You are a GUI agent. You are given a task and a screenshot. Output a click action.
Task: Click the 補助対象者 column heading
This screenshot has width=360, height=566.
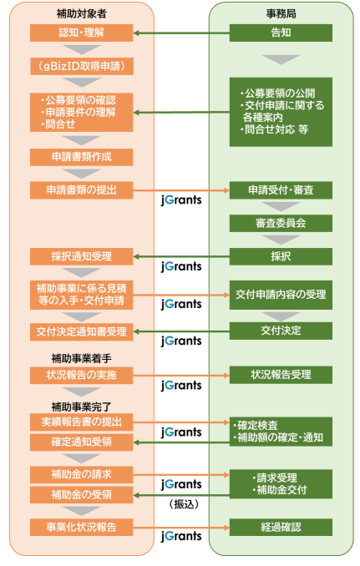82,13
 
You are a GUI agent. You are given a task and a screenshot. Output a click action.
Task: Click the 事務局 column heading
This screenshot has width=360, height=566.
281,13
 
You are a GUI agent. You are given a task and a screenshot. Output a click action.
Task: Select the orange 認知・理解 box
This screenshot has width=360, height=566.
82,33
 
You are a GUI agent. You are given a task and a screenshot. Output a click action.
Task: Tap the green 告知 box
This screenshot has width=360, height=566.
281,33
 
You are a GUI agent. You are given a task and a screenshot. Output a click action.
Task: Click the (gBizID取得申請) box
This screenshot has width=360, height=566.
82,67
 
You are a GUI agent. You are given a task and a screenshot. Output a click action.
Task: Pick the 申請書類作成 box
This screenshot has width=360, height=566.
82,157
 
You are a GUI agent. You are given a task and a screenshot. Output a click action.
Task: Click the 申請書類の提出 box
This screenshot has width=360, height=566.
82,190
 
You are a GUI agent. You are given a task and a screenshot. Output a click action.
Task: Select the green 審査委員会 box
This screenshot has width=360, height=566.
281,224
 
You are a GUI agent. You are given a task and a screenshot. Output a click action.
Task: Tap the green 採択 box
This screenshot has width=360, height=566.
281,256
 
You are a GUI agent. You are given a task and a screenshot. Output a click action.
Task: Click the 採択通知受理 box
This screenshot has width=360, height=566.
82,256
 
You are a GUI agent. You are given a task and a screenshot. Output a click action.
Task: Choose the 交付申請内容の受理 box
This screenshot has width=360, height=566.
281,295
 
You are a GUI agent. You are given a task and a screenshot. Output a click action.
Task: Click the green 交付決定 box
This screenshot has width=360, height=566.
281,331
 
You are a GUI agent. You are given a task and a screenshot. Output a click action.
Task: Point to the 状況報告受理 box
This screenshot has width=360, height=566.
281,375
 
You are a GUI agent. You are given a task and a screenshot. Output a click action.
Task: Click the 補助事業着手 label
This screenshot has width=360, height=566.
82,358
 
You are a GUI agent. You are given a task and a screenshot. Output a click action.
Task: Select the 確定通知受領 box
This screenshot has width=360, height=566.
82,442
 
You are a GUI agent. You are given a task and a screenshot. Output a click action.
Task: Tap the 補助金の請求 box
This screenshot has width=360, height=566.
82,475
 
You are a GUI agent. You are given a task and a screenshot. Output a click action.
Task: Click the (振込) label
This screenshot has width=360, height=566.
184,504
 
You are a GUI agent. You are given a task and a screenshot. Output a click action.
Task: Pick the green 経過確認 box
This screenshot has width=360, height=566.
281,528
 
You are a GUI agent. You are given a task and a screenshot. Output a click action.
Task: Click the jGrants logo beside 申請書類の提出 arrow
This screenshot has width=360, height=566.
181,200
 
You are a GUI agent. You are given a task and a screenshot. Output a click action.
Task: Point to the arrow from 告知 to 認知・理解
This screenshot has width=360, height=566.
181,33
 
